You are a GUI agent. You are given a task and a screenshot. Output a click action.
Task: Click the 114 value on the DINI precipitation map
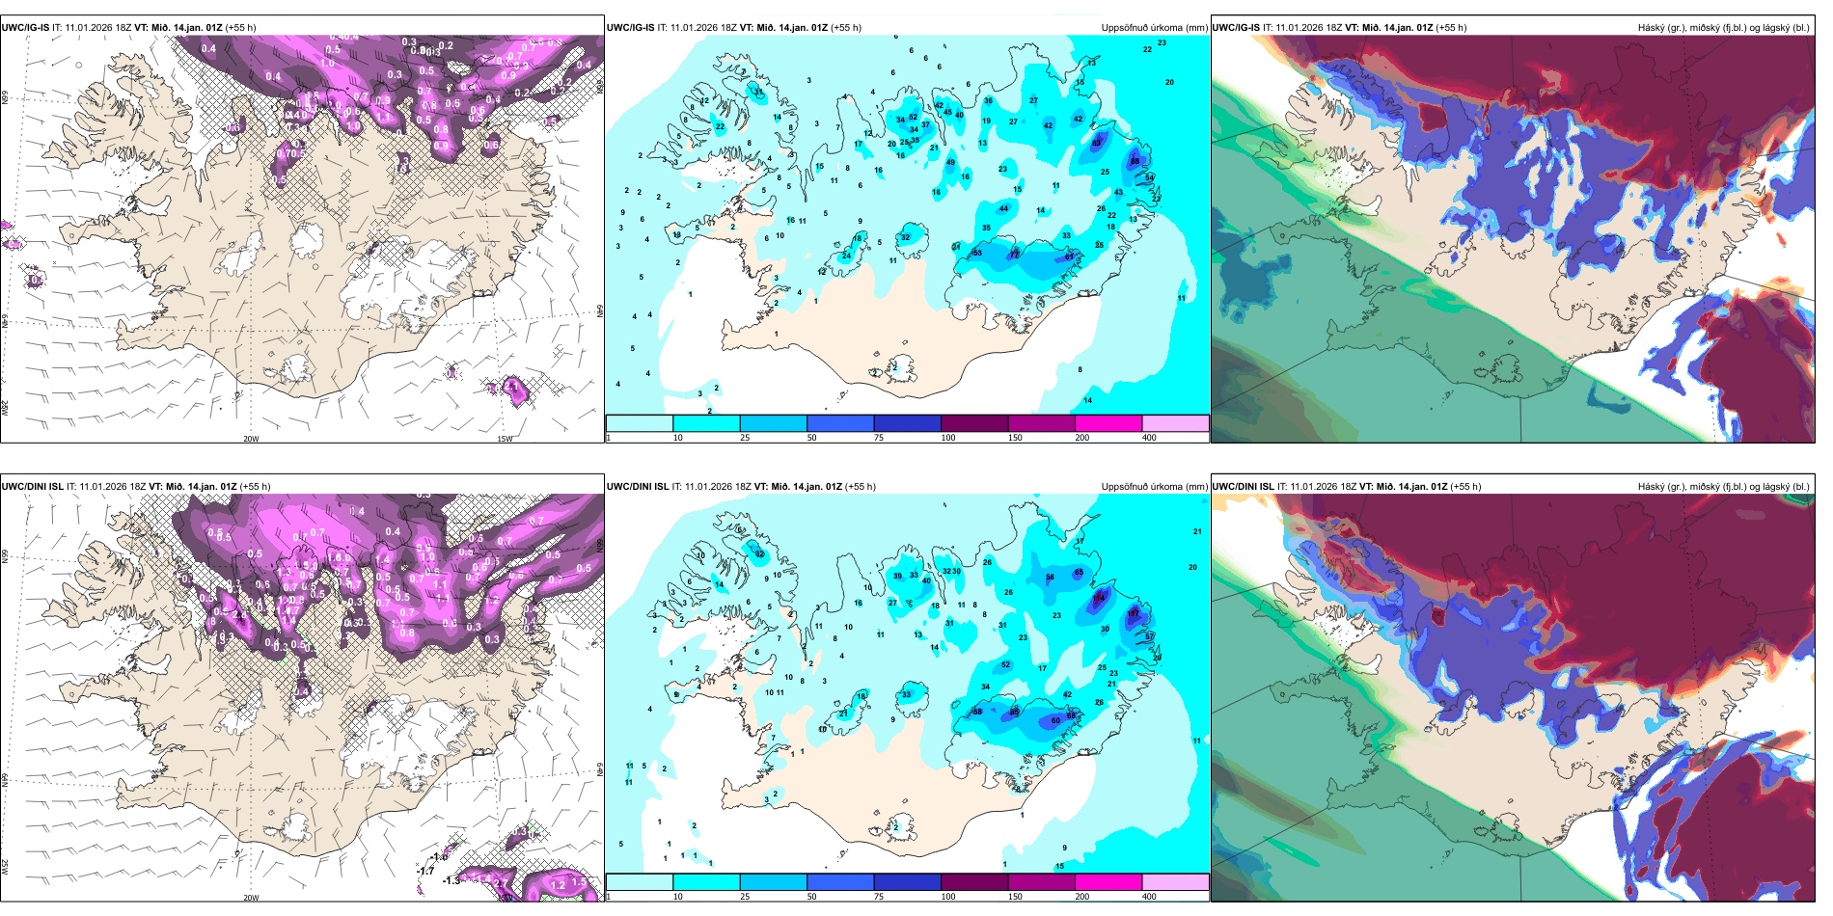1099,598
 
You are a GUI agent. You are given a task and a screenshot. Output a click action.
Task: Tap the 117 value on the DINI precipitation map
1134,613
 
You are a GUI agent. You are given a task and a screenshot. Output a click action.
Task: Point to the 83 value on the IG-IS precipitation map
1097,143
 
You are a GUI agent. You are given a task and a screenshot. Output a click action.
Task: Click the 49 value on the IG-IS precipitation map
951,162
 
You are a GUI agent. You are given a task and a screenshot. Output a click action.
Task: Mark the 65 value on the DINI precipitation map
1079,573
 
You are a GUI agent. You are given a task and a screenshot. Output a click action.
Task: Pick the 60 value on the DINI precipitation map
1055,720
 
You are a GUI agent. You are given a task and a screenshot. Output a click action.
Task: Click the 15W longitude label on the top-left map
505,439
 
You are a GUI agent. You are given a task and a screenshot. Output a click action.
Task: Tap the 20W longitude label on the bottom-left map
251,898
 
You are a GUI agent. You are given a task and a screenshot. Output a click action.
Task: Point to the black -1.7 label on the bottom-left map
425,871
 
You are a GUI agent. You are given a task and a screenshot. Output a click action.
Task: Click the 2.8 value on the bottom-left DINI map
238,614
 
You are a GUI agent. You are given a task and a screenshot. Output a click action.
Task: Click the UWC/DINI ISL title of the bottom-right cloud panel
1244,487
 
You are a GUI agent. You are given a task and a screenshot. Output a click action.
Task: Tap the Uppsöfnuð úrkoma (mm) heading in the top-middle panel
1154,28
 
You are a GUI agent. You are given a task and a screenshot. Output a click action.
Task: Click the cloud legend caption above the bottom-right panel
1723,487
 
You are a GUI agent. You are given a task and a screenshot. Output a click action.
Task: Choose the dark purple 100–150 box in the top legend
974,423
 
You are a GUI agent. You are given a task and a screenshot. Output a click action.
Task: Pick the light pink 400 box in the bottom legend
1175,882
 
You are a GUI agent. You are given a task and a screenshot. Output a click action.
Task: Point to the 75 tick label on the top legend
879,438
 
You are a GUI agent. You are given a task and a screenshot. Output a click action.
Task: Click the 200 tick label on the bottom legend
1082,897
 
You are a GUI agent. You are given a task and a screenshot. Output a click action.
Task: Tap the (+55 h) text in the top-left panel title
240,28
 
